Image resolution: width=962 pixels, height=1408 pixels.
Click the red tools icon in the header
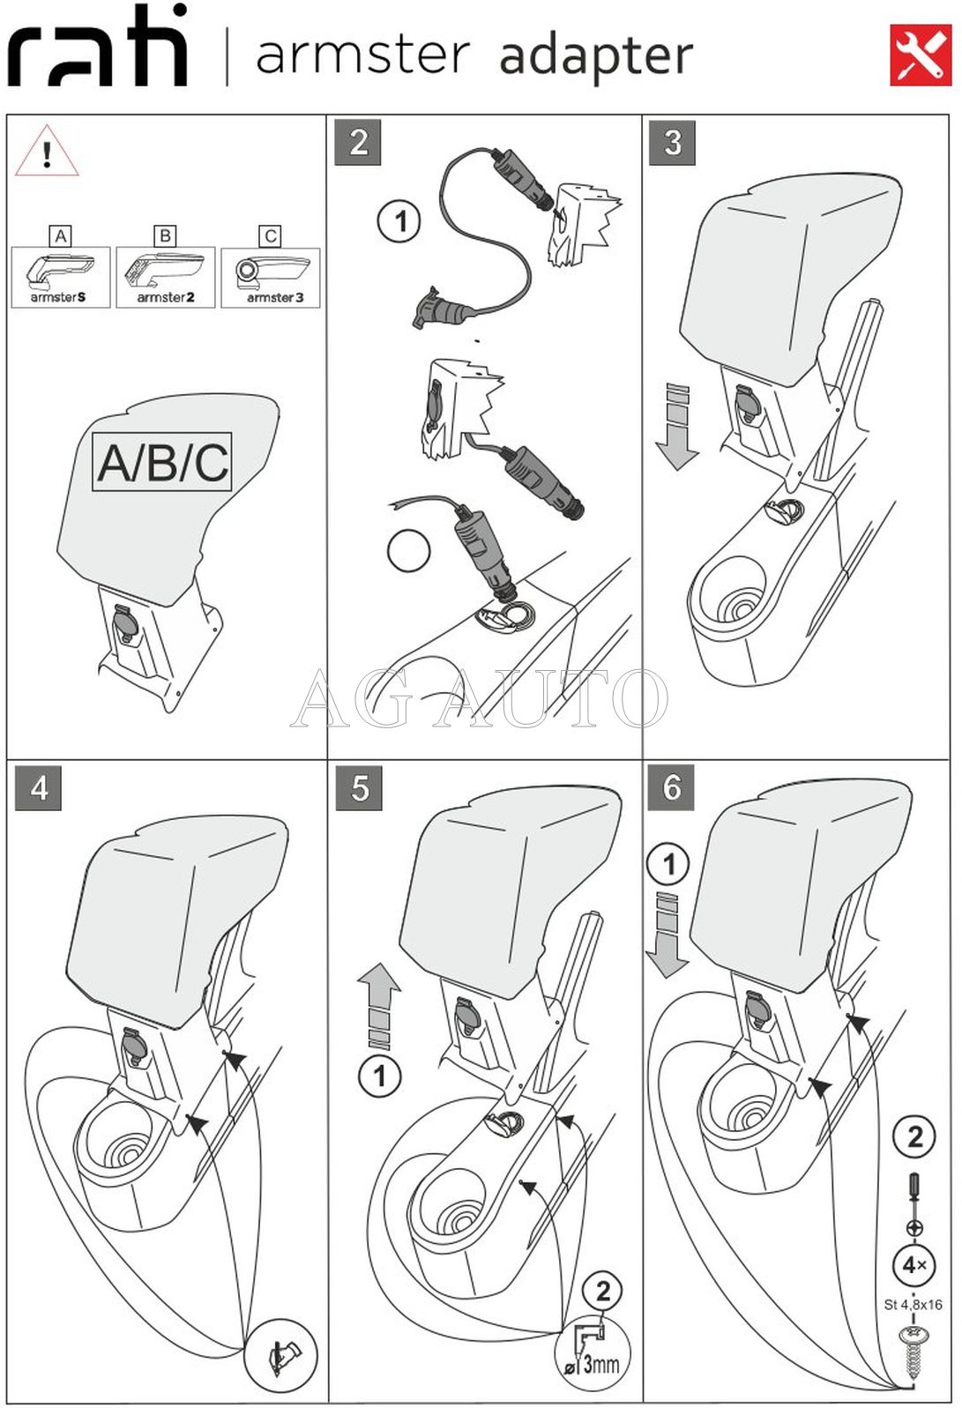tap(920, 55)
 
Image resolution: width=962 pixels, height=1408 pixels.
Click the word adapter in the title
tap(596, 56)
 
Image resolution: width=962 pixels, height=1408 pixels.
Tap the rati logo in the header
tap(98, 49)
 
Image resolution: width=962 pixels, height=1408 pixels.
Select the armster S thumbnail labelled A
tap(61, 276)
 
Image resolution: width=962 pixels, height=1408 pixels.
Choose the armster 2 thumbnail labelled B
tap(166, 276)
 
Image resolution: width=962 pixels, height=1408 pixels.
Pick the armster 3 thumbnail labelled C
tap(271, 276)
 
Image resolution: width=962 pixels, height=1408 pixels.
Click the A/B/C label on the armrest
tap(162, 461)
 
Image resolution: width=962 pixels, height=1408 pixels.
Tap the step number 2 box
tap(358, 142)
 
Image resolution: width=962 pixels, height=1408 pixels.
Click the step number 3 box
tap(672, 142)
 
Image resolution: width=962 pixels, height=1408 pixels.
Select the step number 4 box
tap(39, 787)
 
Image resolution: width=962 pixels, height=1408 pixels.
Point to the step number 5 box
tap(359, 787)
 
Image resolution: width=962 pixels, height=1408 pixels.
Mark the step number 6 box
tap(671, 786)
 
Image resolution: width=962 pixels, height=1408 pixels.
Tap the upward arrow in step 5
tap(379, 1005)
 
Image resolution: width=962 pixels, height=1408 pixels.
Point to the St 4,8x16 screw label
tap(913, 1305)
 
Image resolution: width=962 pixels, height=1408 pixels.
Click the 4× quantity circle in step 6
tap(914, 1265)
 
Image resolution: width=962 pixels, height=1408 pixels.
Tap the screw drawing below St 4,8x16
tap(913, 1350)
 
